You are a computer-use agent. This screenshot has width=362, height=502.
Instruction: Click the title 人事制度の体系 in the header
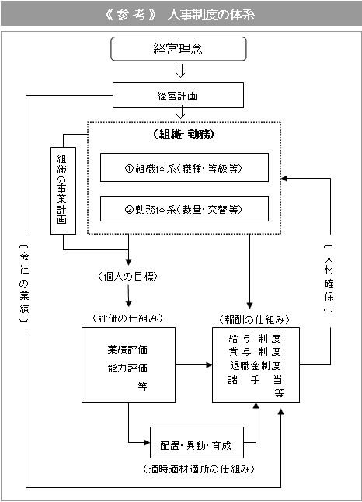tap(211, 15)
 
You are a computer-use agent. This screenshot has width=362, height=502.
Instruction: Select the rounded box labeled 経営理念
tap(179, 49)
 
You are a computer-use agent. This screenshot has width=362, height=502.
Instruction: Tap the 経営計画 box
tap(178, 96)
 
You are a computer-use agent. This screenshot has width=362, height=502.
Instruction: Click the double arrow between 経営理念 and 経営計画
tap(180, 71)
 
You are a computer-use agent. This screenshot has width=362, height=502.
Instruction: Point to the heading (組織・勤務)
tap(184, 134)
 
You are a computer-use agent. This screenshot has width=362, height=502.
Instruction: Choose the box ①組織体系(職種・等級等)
tap(184, 167)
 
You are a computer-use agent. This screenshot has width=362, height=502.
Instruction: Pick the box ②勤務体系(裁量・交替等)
tap(184, 209)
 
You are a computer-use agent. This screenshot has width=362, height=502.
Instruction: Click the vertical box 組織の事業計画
tap(64, 191)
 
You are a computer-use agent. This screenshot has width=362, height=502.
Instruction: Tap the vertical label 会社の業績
tap(24, 284)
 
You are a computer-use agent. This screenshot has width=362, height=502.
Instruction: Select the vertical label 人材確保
tap(329, 278)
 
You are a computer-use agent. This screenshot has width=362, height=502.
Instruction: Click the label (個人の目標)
tap(128, 277)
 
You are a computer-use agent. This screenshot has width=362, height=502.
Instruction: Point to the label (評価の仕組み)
tap(128, 319)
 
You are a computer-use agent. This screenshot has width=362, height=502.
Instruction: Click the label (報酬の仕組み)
tap(255, 319)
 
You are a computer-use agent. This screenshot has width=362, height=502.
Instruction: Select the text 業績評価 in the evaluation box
tap(127, 349)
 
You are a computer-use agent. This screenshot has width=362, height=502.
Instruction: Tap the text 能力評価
tap(127, 368)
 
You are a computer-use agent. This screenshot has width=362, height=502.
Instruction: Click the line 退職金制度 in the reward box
tap(255, 365)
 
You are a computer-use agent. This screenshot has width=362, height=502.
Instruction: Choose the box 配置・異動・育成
tap(197, 442)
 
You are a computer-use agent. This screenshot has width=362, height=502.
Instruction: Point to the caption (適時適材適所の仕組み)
tap(198, 469)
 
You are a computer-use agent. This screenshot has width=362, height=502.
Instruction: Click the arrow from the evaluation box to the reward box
tap(194, 364)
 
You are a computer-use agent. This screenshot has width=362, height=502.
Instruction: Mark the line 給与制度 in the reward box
tap(255, 338)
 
